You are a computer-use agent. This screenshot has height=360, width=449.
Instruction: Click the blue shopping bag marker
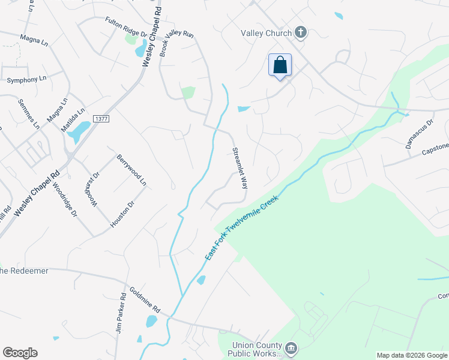(x=280, y=65)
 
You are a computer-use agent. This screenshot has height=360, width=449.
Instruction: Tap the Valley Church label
(x=267, y=33)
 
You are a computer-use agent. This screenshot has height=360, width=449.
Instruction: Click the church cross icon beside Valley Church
(x=301, y=33)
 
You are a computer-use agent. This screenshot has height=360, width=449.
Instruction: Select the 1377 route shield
(x=101, y=119)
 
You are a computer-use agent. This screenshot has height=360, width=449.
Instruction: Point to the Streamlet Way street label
(x=240, y=168)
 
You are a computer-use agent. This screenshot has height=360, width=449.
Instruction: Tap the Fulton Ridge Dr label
(x=126, y=25)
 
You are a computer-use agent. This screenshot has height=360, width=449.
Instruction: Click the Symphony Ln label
(x=26, y=79)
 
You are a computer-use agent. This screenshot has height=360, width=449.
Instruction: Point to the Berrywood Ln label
(x=131, y=168)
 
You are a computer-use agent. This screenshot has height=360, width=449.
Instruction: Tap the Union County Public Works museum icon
(x=291, y=347)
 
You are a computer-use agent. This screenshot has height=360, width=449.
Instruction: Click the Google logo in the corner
(x=20, y=353)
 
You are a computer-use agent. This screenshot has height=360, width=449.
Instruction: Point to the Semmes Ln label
(x=28, y=114)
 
